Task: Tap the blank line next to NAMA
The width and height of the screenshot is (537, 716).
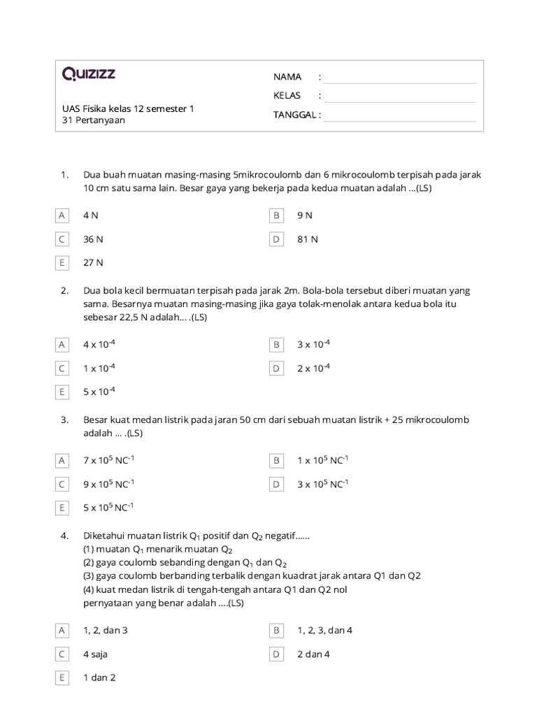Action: point(399,78)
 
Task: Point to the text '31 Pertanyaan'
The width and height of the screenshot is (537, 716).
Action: point(94,120)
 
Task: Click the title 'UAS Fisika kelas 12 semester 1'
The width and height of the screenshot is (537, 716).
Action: point(128,108)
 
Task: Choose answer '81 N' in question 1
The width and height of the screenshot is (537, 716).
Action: point(307,239)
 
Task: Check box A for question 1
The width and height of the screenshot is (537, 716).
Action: point(62,215)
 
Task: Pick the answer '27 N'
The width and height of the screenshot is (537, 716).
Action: point(93,263)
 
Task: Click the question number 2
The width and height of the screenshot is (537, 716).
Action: point(64,290)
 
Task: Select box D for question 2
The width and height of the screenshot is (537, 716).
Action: point(276,368)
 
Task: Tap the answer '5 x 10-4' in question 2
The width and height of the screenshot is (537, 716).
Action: point(99,392)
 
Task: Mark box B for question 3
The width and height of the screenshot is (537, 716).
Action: point(276,460)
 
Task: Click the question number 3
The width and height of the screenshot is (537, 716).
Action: point(64,420)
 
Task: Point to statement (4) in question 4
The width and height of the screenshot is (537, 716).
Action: point(215,589)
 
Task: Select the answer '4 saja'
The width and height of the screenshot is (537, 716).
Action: point(95,654)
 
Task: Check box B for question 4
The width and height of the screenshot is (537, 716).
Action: point(276,630)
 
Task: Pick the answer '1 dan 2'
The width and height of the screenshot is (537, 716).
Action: point(99,678)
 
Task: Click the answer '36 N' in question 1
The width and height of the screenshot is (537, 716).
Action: point(93,239)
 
